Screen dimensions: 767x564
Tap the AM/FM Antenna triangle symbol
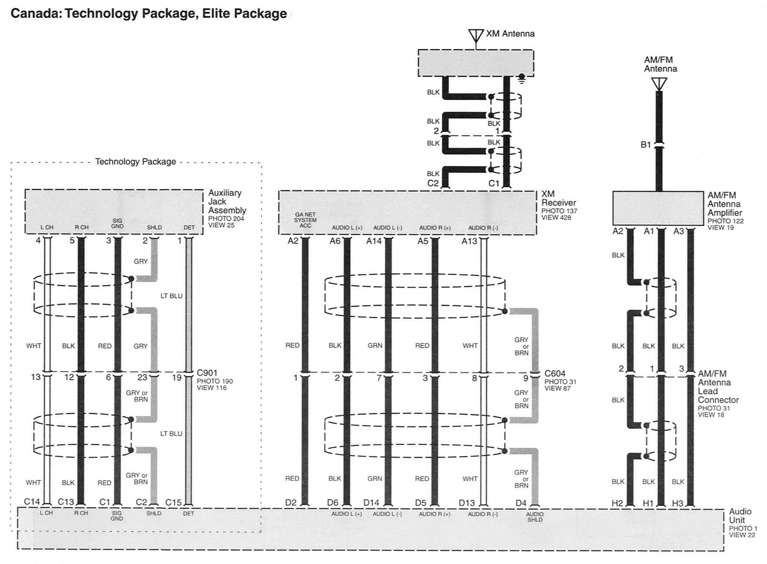click(659, 83)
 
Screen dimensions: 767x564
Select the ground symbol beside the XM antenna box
click(522, 79)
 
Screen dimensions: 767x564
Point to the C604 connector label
click(555, 373)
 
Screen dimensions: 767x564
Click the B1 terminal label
click(645, 145)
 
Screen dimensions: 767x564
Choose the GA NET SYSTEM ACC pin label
click(305, 220)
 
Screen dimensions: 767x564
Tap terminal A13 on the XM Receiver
click(469, 241)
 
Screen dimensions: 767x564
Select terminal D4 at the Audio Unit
click(521, 503)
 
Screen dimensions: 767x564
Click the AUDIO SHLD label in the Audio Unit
click(535, 517)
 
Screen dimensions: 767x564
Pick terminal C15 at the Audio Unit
click(173, 503)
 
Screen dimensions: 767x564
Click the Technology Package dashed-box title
click(136, 161)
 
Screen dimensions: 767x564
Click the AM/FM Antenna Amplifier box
click(658, 208)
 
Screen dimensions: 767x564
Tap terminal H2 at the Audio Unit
click(617, 503)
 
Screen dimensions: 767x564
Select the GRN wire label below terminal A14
click(375, 346)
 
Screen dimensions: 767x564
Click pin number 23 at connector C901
click(142, 377)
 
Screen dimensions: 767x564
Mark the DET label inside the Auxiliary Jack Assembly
click(189, 227)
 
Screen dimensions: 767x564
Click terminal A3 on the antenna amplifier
click(679, 231)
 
